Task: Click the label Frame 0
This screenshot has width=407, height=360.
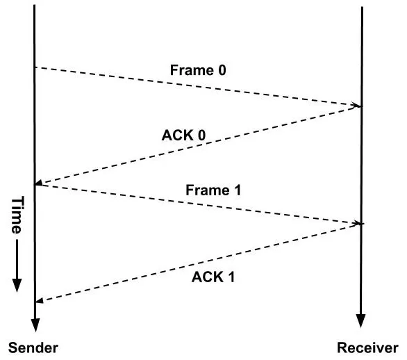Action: (198, 70)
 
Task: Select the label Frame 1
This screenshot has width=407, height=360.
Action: (213, 190)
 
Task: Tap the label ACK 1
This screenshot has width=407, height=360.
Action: (213, 277)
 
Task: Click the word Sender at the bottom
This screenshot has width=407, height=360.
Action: (33, 347)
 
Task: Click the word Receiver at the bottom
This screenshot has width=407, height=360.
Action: (367, 347)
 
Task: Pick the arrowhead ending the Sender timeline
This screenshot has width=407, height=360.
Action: (35, 325)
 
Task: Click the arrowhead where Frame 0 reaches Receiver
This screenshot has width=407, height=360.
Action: (357, 106)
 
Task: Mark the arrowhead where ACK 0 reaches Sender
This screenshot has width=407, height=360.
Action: (39, 183)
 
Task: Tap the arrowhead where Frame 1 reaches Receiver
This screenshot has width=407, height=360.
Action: (358, 223)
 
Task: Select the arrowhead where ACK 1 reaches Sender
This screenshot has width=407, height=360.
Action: (40, 300)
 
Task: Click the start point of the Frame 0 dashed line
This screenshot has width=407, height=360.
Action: (35, 67)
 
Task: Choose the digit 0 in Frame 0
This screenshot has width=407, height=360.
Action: (222, 70)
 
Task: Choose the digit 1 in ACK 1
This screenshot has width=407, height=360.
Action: (231, 277)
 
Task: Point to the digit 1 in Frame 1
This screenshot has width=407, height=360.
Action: (237, 190)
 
